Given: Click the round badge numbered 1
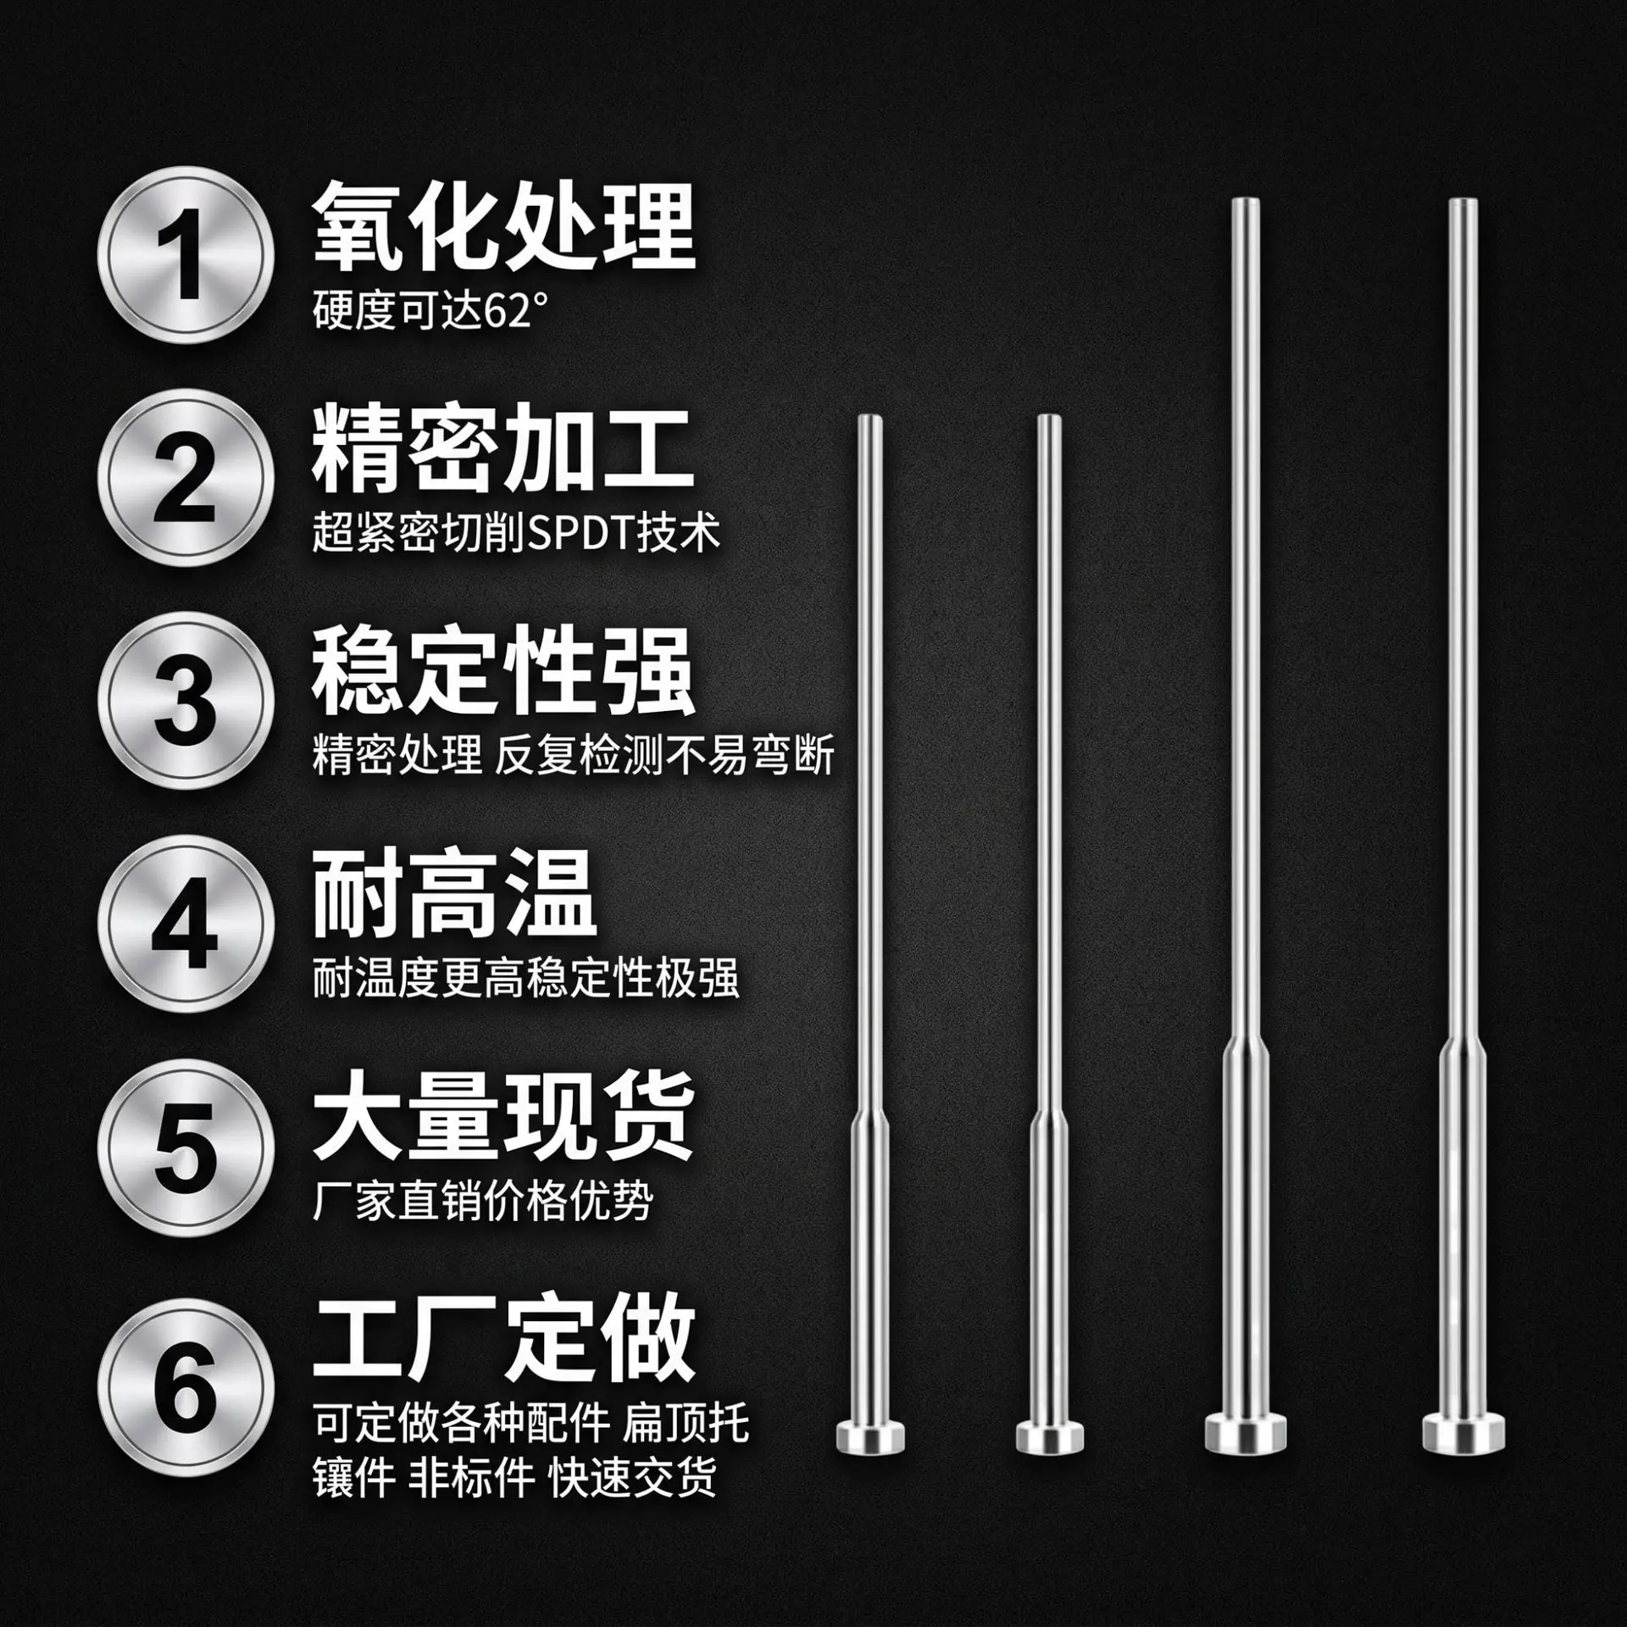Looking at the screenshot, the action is click(x=186, y=255).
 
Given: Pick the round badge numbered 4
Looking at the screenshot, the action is click(x=186, y=923).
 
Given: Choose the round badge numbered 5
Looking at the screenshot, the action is click(x=186, y=1146).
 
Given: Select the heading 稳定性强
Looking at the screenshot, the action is click(x=503, y=673).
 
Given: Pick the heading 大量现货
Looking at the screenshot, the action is click(x=503, y=1118).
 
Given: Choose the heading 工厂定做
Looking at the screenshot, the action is click(x=503, y=1341).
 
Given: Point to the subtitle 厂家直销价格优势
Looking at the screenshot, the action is click(x=483, y=1202).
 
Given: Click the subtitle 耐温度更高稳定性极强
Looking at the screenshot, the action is click(x=525, y=979).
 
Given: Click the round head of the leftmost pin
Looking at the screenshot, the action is click(x=870, y=1431).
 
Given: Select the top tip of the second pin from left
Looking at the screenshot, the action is click(x=1049, y=417).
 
